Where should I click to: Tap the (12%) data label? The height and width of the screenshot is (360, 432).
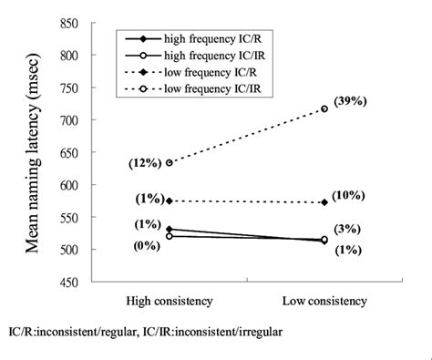click(x=146, y=161)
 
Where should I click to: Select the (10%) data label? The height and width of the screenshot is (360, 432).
click(x=351, y=195)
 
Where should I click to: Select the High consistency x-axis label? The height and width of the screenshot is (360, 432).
click(x=170, y=301)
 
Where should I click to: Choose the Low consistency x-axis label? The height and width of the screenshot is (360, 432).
click(x=326, y=301)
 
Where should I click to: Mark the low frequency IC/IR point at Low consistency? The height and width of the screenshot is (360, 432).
click(x=324, y=109)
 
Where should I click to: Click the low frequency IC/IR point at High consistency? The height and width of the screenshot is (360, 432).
click(x=170, y=162)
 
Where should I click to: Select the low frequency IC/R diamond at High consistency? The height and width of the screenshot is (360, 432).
click(x=170, y=201)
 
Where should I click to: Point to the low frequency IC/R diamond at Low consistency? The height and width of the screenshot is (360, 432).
click(x=324, y=202)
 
